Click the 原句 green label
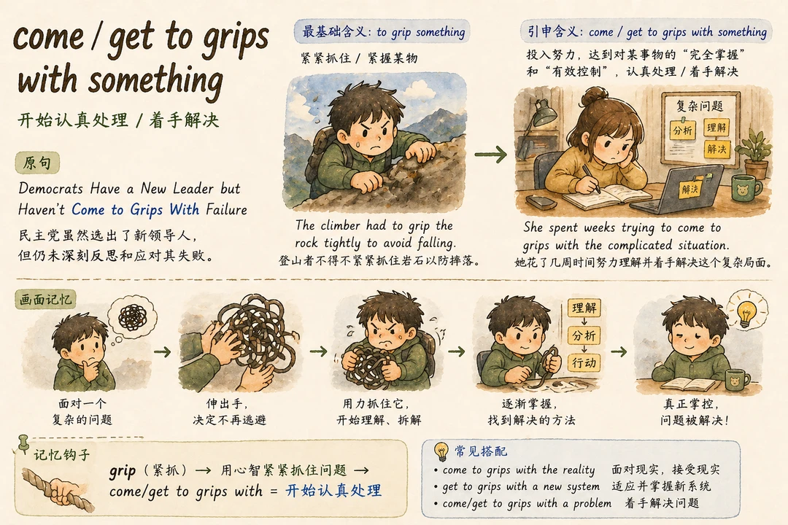point(38,163)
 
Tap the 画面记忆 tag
point(46,300)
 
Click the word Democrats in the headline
point(51,188)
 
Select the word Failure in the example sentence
point(227,209)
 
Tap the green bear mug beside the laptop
point(746,188)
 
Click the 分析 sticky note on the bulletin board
point(682,130)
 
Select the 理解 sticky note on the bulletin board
point(716,128)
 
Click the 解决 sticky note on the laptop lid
point(689,188)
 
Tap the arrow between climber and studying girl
point(490,155)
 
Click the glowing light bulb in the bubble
point(747,308)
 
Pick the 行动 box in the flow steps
point(584,362)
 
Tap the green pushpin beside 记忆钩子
point(23,443)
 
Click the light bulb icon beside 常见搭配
point(441,451)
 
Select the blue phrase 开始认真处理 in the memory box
point(333,490)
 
